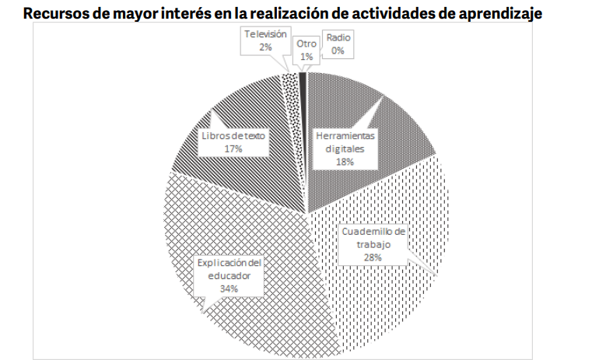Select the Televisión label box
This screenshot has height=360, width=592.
click(x=265, y=40)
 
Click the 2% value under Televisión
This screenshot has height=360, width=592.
click(x=265, y=47)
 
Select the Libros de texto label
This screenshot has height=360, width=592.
click(x=233, y=141)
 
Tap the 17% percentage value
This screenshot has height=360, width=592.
click(x=233, y=148)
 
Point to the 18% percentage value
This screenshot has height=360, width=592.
click(x=345, y=162)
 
